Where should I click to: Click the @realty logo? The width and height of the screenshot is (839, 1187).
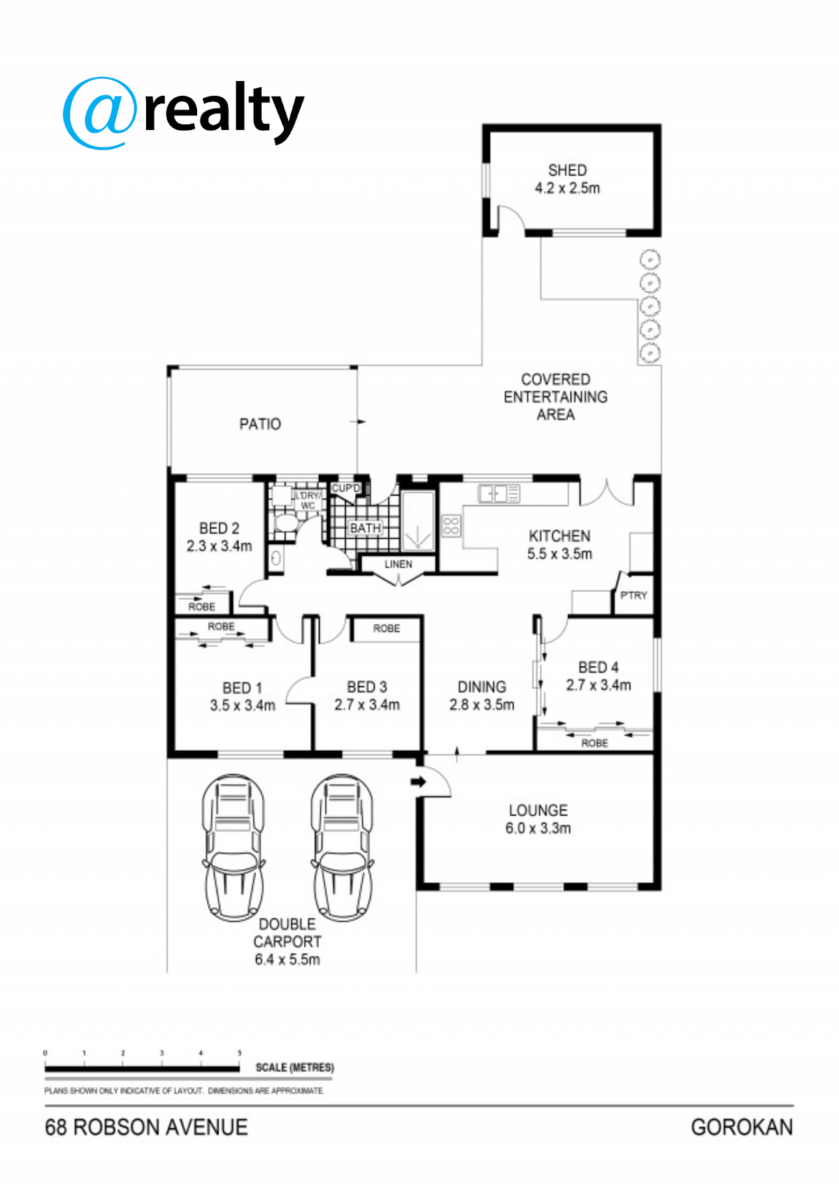(x=183, y=112)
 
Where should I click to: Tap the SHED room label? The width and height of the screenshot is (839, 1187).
(x=567, y=170)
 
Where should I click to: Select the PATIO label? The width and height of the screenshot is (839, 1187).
(x=259, y=424)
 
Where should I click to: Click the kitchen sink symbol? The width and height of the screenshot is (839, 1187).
(x=499, y=494)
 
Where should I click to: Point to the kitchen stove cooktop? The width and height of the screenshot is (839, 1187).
(x=451, y=526)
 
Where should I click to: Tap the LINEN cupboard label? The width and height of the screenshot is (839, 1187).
(x=398, y=564)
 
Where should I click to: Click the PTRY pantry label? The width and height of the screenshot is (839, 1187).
(x=633, y=595)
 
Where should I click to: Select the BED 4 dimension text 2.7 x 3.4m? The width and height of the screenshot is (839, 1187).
(x=598, y=685)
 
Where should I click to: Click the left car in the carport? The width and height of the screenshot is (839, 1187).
(x=234, y=847)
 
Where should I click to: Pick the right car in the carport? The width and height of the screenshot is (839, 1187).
(x=343, y=847)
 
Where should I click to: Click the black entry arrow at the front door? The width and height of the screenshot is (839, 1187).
(x=419, y=782)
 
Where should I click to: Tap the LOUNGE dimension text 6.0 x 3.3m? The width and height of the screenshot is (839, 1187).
(x=538, y=828)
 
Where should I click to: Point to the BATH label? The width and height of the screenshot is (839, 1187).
(x=365, y=528)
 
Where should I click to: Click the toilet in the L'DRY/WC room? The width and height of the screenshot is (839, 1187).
(x=287, y=522)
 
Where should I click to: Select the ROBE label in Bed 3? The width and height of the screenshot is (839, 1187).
(x=387, y=628)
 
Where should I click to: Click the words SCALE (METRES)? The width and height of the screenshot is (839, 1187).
(x=294, y=1067)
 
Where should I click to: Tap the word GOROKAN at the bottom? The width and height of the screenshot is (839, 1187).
(x=742, y=1127)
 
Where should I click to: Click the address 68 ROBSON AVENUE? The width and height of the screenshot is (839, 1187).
(x=146, y=1127)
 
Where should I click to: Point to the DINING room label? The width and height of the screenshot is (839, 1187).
(x=482, y=686)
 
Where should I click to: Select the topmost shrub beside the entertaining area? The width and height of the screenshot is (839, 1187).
(x=650, y=259)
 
